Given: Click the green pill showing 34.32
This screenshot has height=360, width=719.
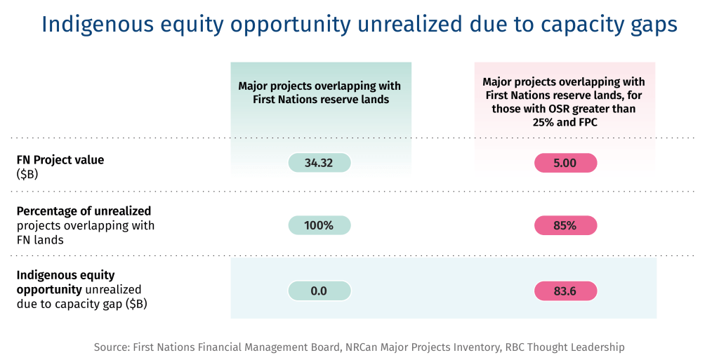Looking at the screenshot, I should (x=319, y=163).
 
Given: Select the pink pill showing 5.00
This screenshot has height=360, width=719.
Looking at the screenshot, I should (x=565, y=163).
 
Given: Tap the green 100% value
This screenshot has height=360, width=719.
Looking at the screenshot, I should (x=319, y=225).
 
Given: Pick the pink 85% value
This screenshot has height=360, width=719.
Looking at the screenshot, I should (x=565, y=225).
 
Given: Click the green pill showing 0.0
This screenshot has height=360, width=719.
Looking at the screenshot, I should (x=319, y=291).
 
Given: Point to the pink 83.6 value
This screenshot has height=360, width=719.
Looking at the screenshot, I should (x=565, y=291).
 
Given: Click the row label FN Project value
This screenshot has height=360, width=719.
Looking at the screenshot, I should (x=60, y=160).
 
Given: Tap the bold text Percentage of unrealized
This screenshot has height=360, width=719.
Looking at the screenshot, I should (x=84, y=211).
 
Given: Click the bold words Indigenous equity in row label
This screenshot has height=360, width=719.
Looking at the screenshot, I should (x=65, y=275).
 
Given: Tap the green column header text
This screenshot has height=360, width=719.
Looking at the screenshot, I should (x=319, y=93).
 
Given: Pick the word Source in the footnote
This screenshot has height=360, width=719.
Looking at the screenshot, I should (x=111, y=347).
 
